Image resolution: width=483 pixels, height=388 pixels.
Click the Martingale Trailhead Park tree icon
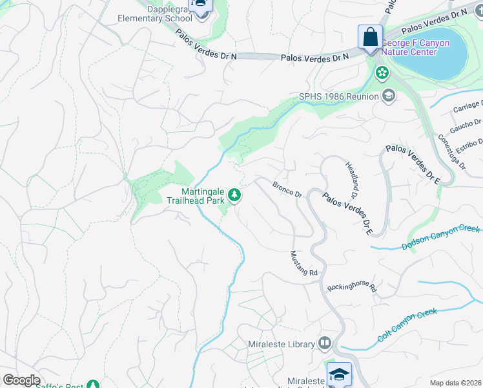(x=236, y=195)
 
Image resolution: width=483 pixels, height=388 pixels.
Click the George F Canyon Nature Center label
(x=415, y=48)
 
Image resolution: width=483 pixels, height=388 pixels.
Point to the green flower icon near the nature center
(x=382, y=73)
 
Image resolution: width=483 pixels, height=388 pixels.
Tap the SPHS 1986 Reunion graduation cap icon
(x=388, y=97)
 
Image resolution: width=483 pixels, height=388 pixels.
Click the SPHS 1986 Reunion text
(x=338, y=97)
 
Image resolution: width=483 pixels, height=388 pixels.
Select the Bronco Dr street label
(x=287, y=189)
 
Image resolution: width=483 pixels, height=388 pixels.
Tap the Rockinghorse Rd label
(x=351, y=287)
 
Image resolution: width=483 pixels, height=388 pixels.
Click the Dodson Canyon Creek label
(x=441, y=237)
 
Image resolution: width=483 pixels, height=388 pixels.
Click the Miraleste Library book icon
(x=324, y=344)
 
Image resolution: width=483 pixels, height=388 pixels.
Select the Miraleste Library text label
(x=281, y=345)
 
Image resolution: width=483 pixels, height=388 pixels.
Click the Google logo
(x=22, y=380)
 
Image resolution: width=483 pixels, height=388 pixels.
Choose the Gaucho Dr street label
(x=466, y=123)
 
